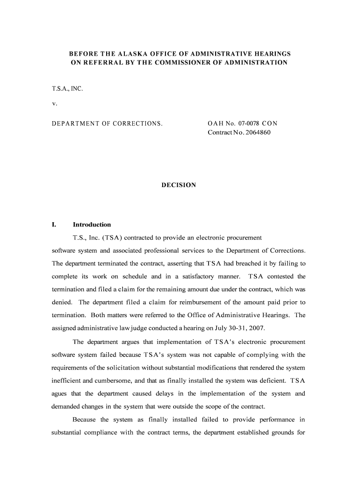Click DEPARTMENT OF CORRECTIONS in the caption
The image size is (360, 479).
point(107,123)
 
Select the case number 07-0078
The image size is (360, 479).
point(248,123)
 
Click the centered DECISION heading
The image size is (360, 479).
point(179,185)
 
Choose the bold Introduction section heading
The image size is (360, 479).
point(92,225)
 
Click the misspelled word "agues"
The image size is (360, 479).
point(59,393)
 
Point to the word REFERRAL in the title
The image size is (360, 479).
point(97,62)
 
